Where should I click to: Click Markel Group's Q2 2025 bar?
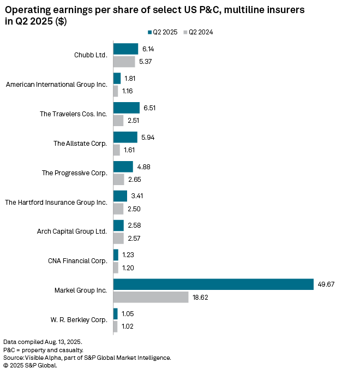click(213, 284)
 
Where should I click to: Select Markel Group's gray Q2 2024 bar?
click(151, 297)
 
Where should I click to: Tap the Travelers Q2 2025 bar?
click(126, 108)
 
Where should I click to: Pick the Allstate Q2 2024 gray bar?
click(116, 150)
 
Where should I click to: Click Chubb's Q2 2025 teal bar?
click(125, 49)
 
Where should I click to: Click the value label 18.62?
click(201, 297)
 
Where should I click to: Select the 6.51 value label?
click(149, 108)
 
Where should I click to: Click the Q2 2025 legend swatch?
click(150, 32)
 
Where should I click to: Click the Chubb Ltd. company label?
click(91, 55)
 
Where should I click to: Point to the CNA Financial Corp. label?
click(77, 261)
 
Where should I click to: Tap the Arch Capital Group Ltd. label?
click(71, 231)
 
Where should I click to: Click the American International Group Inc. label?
click(56, 85)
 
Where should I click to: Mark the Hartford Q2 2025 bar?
click(120, 195)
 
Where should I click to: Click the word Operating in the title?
click(28, 10)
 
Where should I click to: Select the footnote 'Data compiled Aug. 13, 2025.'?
click(38, 341)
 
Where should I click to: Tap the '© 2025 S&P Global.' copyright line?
click(30, 365)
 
